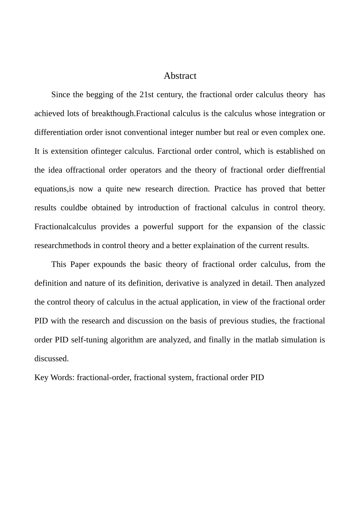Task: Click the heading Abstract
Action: (x=180, y=76)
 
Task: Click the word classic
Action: (x=314, y=227)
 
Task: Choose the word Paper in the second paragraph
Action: (x=80, y=264)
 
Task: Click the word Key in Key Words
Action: (x=41, y=378)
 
